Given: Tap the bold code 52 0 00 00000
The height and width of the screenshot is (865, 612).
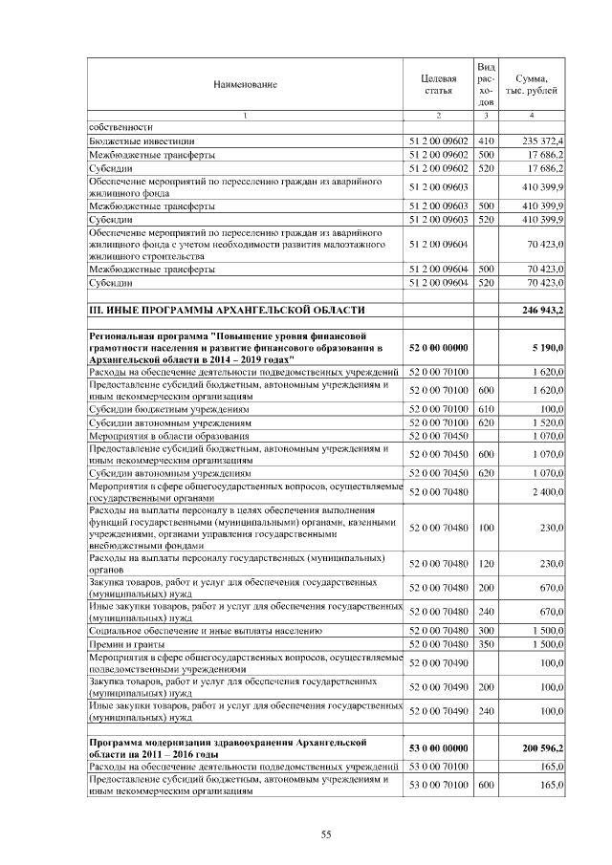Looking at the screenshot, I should pyautogui.click(x=438, y=348).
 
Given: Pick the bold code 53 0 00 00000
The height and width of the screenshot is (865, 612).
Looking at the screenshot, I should pyautogui.click(x=438, y=747).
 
